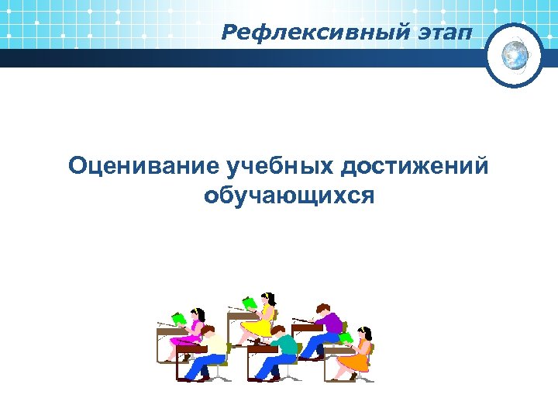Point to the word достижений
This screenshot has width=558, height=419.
point(415,165)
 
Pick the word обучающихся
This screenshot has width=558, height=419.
point(288,195)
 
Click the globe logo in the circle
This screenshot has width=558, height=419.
point(515,54)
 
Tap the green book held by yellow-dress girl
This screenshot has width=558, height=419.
point(249,303)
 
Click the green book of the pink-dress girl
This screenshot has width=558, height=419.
point(179,318)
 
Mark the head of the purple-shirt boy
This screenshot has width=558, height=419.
point(323,310)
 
